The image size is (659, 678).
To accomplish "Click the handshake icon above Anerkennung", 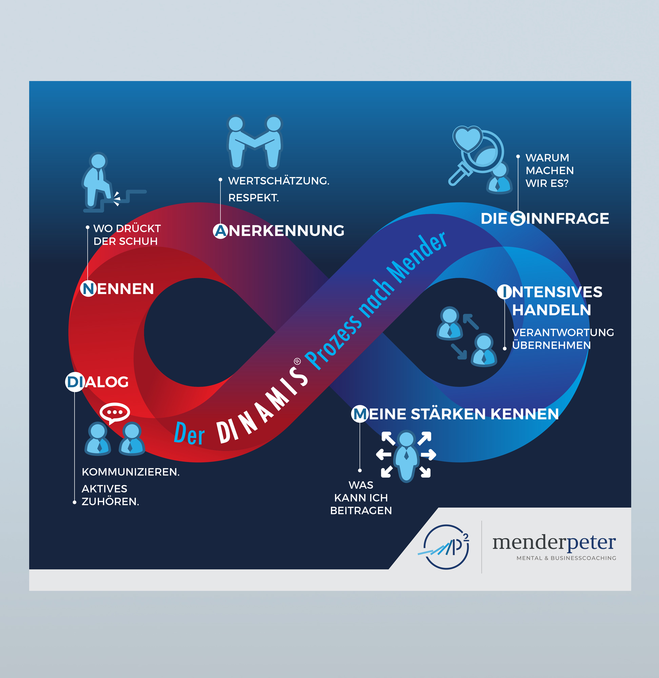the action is click(255, 142).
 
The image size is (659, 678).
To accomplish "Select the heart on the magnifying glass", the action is click(467, 139).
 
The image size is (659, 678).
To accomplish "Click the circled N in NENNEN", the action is click(88, 288).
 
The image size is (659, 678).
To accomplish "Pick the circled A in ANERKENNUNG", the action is click(220, 231).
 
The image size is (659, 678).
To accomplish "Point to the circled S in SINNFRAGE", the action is click(518, 218).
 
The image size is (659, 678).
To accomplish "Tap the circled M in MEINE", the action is click(360, 414).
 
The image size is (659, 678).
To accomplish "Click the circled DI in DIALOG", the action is click(75, 382).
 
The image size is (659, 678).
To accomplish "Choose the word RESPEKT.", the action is click(253, 198).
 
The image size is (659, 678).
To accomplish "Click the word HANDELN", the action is click(551, 310).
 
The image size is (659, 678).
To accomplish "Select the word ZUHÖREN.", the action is click(110, 501).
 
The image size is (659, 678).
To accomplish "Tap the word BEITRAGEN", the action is click(361, 511).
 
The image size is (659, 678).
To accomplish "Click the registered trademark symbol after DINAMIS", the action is click(297, 362).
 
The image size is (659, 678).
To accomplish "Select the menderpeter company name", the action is click(554, 542).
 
